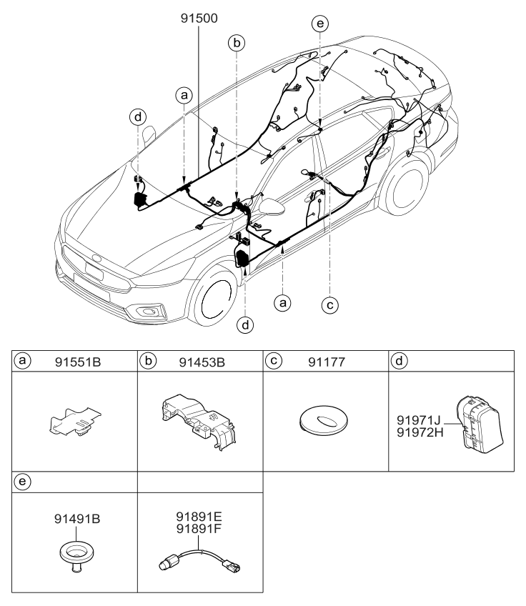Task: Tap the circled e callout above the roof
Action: [321, 24]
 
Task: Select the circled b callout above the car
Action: [237, 42]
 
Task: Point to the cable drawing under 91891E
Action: [199, 565]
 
